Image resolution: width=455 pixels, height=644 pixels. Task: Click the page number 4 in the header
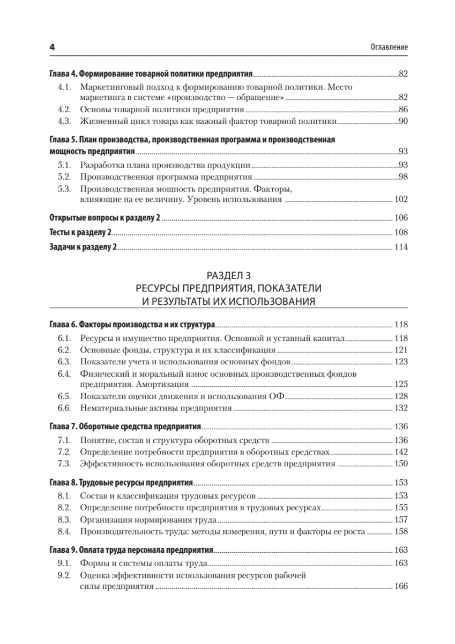point(52,47)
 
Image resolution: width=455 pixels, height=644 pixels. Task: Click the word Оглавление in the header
point(390,47)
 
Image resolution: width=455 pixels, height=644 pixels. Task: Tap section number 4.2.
point(64,109)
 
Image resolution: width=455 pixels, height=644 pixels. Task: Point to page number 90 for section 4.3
point(403,121)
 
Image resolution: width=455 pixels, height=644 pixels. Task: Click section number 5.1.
point(64,165)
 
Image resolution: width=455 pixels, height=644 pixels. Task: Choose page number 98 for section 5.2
point(403,177)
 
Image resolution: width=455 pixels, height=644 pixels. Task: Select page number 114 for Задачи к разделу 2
point(401,247)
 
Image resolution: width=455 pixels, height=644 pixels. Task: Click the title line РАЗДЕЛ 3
point(228,277)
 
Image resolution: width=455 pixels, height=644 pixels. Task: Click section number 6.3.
point(64,362)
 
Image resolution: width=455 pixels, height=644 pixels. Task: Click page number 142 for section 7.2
point(401,452)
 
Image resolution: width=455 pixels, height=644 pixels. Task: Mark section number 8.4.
point(64,532)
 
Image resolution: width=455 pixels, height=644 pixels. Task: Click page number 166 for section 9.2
point(401,587)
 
